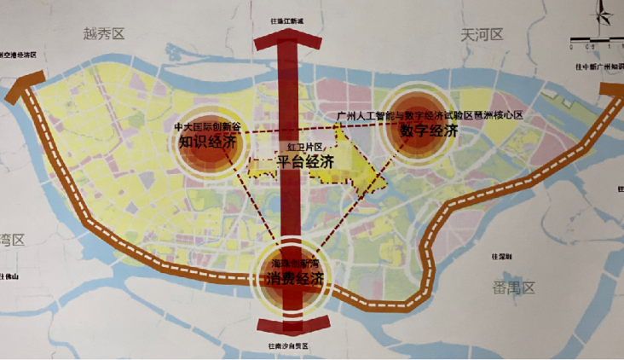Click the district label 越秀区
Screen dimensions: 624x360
[x=104, y=33]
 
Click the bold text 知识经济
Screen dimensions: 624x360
[x=207, y=142]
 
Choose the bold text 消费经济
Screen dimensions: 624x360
[x=292, y=279]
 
